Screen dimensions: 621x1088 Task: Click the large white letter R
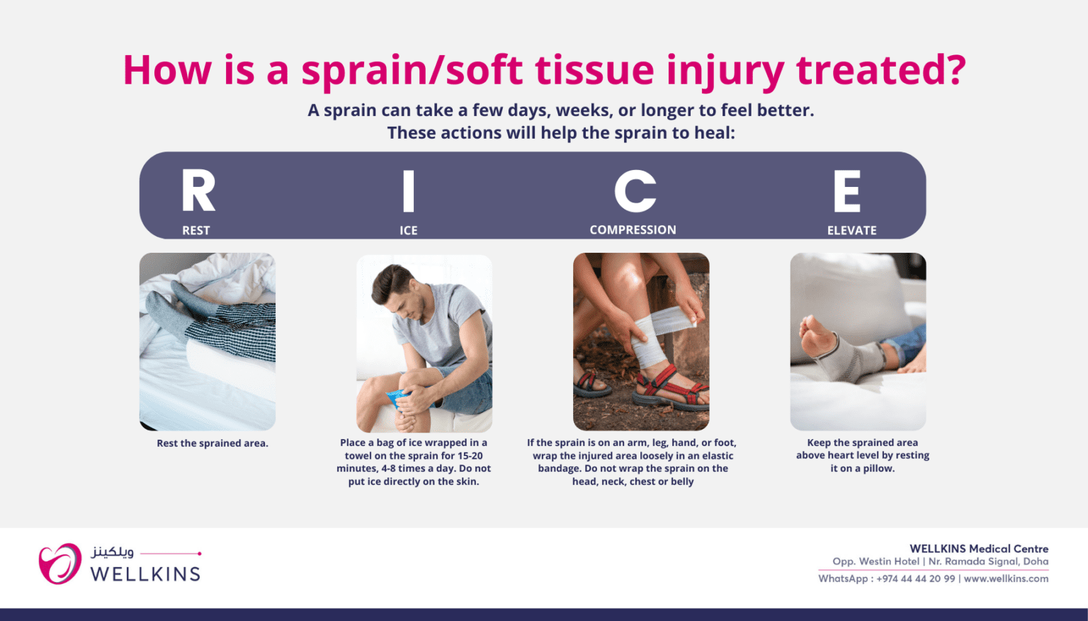tap(198, 190)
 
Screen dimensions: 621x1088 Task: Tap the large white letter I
tap(408, 190)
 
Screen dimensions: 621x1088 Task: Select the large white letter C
tap(635, 190)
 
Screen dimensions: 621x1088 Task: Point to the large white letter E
tap(847, 191)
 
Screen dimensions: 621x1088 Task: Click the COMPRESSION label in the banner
tap(633, 229)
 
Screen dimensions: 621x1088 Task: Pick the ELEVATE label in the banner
tap(851, 230)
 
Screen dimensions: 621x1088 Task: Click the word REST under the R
tap(196, 230)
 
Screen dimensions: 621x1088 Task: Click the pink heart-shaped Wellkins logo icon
tap(59, 564)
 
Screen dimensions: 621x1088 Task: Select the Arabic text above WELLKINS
tap(113, 551)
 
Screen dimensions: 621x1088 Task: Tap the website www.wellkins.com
tap(1006, 579)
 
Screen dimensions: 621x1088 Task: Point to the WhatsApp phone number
tap(915, 579)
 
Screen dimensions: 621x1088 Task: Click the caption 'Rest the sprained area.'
tap(212, 443)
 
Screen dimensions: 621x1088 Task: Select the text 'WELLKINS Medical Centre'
tap(978, 549)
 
